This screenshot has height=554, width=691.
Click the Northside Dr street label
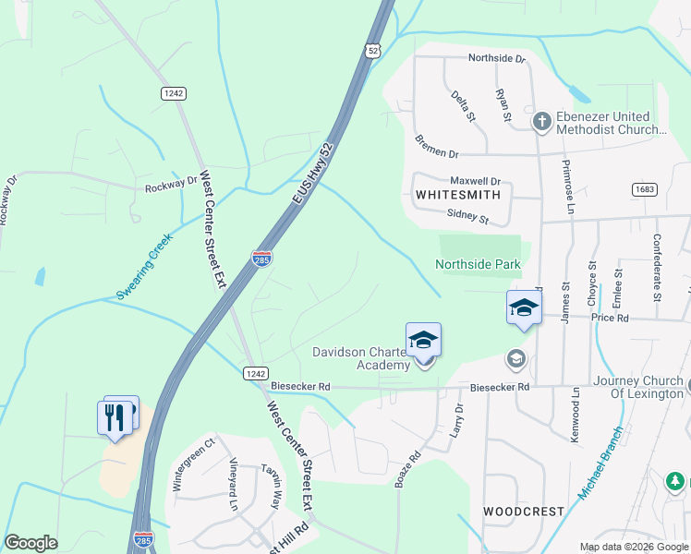496,58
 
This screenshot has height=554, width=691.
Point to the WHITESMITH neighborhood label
458,195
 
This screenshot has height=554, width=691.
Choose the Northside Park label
479,265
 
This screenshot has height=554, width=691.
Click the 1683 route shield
645,189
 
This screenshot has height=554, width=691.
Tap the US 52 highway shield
372,51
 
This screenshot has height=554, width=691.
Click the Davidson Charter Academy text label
361,358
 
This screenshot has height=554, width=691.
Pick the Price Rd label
610,318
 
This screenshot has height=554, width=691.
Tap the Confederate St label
657,272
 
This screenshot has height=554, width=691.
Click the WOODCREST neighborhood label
511,511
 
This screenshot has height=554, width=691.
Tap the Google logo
30,543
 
